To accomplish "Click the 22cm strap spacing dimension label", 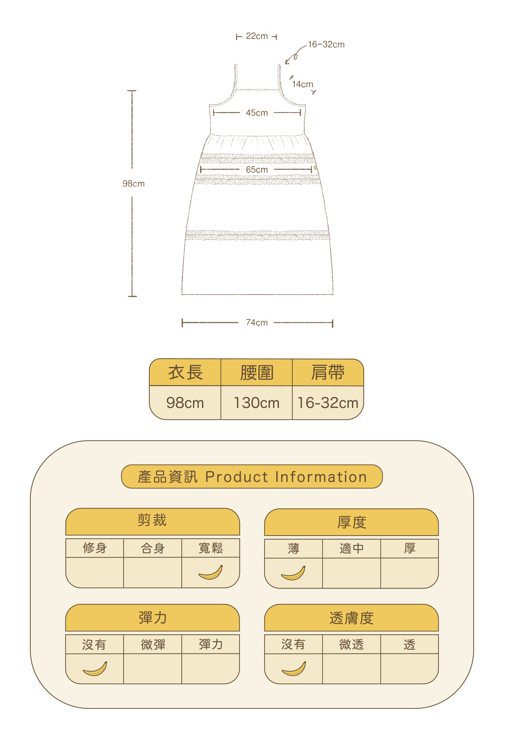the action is pyautogui.click(x=257, y=36).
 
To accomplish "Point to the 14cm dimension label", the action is pyautogui.click(x=303, y=84).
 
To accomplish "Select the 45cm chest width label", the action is pyautogui.click(x=257, y=113).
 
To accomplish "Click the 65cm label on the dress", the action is pyautogui.click(x=257, y=170).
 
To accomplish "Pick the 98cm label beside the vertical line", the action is pyautogui.click(x=134, y=184).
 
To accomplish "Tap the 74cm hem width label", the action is pyautogui.click(x=257, y=322).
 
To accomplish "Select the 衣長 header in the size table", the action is pyautogui.click(x=185, y=372).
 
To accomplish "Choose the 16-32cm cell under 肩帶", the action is pyautogui.click(x=328, y=403).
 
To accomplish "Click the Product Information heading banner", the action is pyautogui.click(x=252, y=477).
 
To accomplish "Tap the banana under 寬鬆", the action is pyautogui.click(x=211, y=572).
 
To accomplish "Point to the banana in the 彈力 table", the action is pyautogui.click(x=95, y=669).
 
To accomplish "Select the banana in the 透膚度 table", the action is pyautogui.click(x=294, y=669).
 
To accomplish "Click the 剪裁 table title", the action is pyautogui.click(x=152, y=520).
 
